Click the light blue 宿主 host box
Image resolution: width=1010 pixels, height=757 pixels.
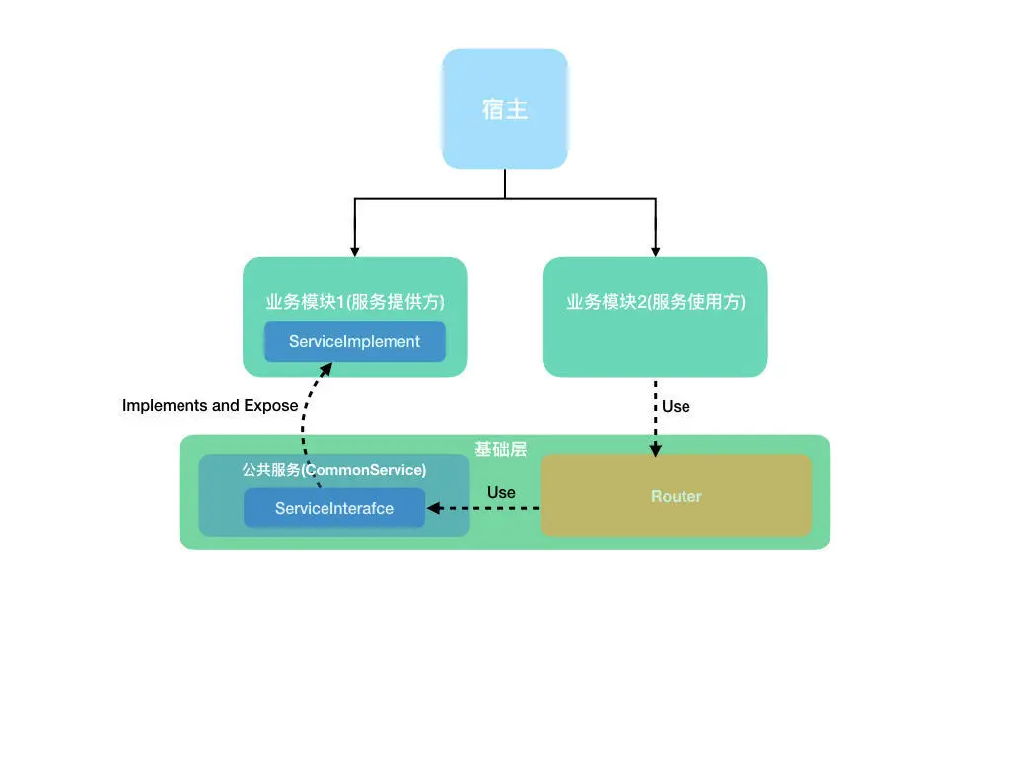(x=504, y=108)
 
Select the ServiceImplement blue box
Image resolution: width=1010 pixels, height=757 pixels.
(x=354, y=342)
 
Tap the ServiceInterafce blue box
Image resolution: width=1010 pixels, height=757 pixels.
(x=334, y=508)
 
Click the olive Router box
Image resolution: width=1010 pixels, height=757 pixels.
(x=676, y=496)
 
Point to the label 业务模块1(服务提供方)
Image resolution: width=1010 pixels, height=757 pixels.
(x=354, y=302)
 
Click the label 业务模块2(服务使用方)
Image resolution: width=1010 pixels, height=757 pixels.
(x=655, y=302)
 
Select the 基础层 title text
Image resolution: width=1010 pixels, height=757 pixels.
(x=500, y=449)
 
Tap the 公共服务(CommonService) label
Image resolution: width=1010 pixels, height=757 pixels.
(x=334, y=470)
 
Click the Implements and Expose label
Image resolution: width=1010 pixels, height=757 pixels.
(x=210, y=405)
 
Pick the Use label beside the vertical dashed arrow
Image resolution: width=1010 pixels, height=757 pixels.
(x=676, y=406)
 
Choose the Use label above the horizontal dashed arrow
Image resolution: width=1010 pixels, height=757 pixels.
(x=501, y=492)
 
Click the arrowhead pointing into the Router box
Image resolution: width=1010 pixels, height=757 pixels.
(x=655, y=449)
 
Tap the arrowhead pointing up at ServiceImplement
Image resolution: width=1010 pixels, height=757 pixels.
(x=326, y=369)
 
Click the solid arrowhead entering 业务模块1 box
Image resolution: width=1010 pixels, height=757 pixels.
(x=354, y=251)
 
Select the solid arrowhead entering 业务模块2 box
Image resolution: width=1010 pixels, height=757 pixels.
(x=655, y=251)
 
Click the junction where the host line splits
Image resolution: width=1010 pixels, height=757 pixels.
(x=505, y=199)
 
